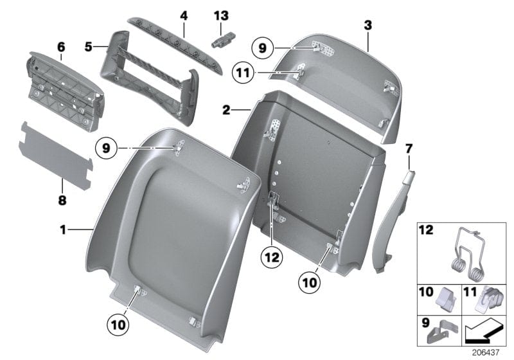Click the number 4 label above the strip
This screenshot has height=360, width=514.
click(x=183, y=15)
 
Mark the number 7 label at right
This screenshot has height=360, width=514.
click(x=408, y=150)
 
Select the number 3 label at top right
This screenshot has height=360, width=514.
click(x=368, y=26)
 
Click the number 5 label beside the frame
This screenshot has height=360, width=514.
click(x=89, y=46)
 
